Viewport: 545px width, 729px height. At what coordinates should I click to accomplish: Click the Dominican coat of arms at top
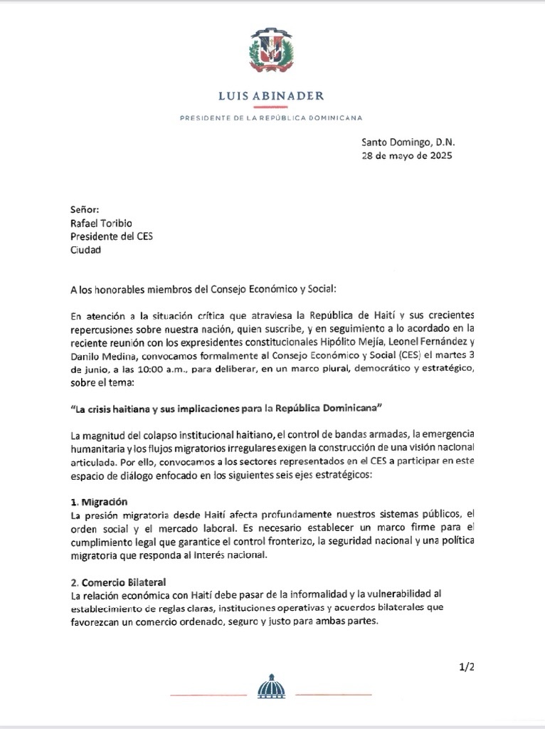(x=272, y=53)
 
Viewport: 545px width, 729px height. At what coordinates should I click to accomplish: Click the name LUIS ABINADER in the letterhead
(x=272, y=95)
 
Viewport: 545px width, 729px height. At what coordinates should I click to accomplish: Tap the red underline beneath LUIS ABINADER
(x=272, y=107)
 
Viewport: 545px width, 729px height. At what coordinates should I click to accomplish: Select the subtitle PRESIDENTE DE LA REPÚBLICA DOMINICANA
(x=272, y=117)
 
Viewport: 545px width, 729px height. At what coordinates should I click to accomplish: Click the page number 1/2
(x=467, y=666)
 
